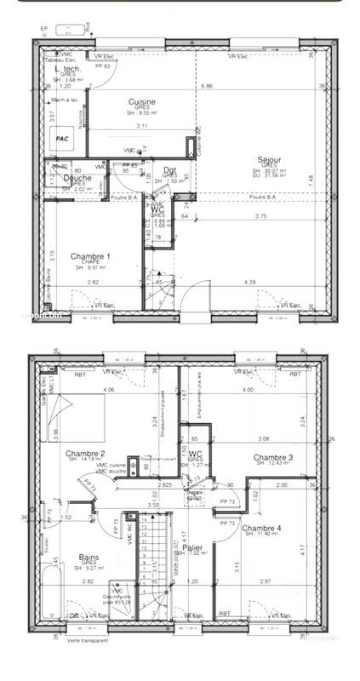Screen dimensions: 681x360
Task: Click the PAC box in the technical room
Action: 62,138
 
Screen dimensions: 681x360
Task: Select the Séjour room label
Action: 270,159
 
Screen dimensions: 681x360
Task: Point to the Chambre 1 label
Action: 90,255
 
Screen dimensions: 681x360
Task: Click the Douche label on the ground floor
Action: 77,179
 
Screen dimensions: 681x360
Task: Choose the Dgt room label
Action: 170,171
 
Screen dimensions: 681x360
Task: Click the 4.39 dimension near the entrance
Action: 250,283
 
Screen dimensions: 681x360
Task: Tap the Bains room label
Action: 88,558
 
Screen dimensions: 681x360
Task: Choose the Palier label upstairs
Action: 200,549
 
